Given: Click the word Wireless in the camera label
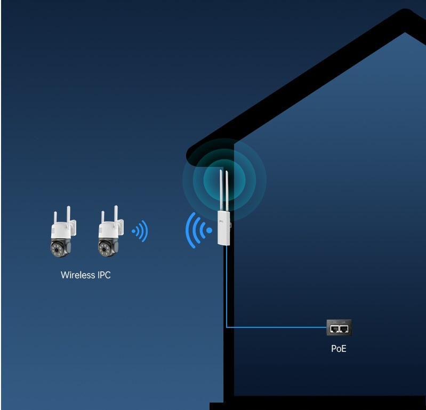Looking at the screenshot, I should pos(78,275).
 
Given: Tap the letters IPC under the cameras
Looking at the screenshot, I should pos(103,275).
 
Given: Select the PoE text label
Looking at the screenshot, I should pos(339,349).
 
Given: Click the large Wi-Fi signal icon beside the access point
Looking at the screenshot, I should pos(197,230).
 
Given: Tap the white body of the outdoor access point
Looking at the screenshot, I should pos(223,226).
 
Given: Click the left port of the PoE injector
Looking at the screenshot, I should pos(334,329).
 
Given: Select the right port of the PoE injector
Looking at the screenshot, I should pos(344,329).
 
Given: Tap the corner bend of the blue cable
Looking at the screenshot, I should pos(227,326).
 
